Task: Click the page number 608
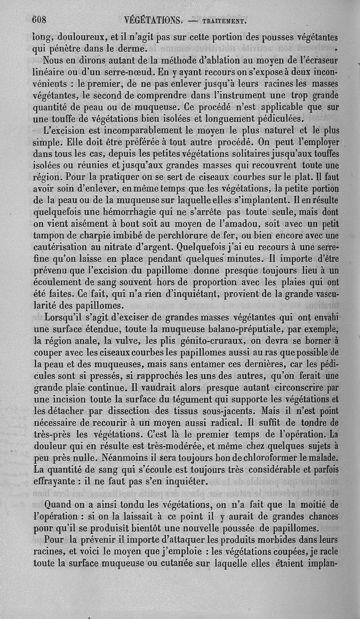coord(40,20)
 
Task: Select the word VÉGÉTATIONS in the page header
coord(150,20)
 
